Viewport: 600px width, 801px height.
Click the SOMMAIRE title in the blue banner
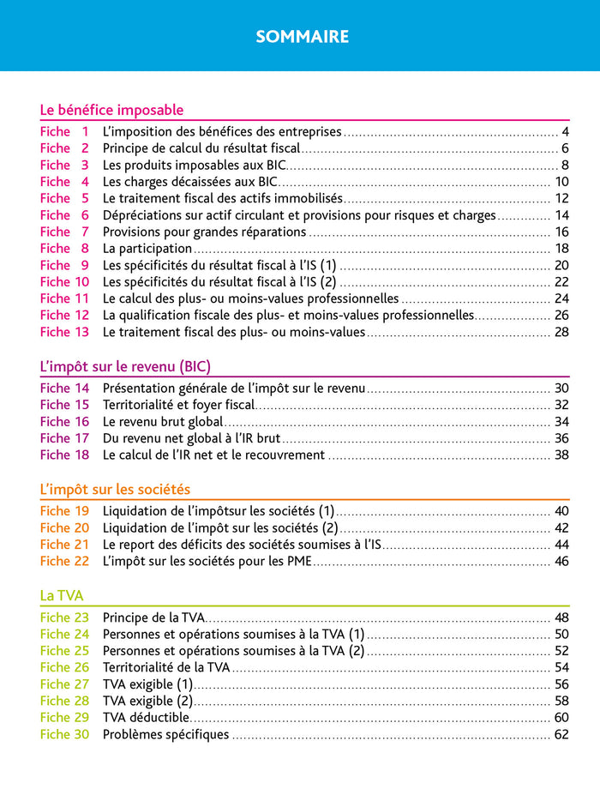[302, 37]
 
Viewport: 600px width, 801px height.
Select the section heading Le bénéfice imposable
[111, 110]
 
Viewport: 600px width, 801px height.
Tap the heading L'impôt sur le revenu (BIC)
[125, 366]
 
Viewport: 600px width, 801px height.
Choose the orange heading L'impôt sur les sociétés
[115, 490]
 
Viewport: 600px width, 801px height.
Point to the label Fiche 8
[64, 249]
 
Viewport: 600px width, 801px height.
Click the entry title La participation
[147, 249]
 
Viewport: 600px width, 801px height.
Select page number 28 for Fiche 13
[561, 332]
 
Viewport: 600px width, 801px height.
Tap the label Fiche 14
[64, 388]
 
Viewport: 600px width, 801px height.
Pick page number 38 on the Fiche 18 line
[561, 455]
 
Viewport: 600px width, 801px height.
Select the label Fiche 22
[64, 562]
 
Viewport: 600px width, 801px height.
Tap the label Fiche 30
[64, 735]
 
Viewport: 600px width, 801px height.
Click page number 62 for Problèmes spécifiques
[561, 735]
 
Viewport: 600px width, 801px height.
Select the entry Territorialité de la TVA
[166, 667]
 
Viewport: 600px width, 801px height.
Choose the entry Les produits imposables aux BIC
[194, 165]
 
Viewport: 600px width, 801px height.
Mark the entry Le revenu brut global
[163, 422]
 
